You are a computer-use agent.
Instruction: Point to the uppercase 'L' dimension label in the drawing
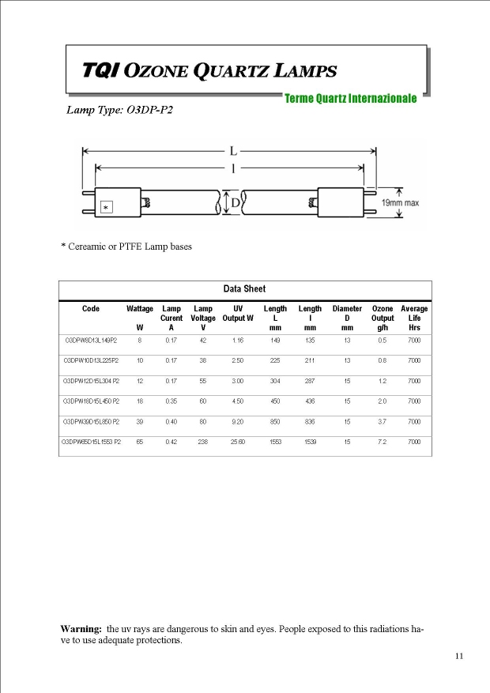click(x=234, y=150)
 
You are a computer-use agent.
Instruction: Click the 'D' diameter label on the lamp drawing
click(x=235, y=204)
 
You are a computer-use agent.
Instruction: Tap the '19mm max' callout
click(x=400, y=204)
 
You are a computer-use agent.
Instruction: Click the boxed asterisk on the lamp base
click(x=106, y=207)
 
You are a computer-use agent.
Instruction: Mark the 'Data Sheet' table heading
click(x=245, y=289)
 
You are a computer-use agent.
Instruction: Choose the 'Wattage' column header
click(x=140, y=309)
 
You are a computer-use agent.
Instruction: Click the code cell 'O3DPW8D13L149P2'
click(x=91, y=341)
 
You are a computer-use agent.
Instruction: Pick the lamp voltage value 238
click(x=203, y=442)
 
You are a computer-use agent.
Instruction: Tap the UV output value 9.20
click(x=238, y=422)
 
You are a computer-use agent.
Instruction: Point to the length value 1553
click(x=275, y=442)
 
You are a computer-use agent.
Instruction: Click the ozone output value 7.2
click(x=383, y=442)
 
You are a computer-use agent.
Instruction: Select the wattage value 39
click(x=140, y=422)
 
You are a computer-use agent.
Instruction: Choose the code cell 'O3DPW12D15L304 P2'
click(x=91, y=381)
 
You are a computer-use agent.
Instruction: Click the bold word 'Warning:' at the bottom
click(x=81, y=629)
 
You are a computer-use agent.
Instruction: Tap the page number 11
click(x=459, y=657)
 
